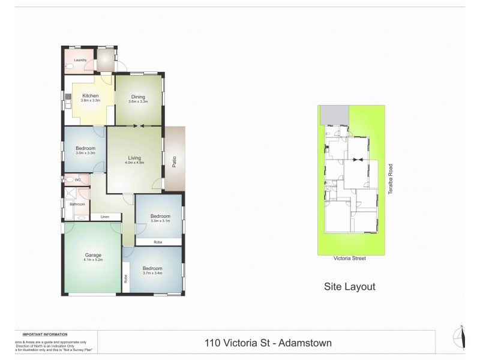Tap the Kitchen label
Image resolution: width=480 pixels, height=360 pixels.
[x=90, y=95]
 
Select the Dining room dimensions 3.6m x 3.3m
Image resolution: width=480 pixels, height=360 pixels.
[x=137, y=101]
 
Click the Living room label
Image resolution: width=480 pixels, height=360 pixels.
[x=134, y=157]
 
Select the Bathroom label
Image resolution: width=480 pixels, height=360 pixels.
[x=77, y=204]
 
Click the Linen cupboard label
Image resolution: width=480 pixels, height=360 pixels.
[x=104, y=217]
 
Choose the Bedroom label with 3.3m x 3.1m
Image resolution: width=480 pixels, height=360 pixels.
[x=160, y=216]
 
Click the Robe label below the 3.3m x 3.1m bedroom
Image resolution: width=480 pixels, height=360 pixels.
[x=157, y=242]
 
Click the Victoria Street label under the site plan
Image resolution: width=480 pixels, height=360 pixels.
[x=350, y=259]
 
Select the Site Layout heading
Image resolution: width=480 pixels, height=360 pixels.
[x=349, y=287]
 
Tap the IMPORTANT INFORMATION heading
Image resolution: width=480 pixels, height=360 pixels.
[x=45, y=334]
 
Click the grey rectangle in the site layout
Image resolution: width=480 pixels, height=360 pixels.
[x=335, y=113]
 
